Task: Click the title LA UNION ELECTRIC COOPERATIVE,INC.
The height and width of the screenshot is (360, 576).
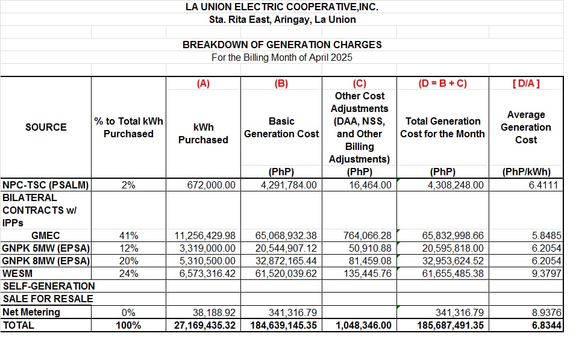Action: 282,7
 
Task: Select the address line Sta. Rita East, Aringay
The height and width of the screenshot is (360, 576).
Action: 282,20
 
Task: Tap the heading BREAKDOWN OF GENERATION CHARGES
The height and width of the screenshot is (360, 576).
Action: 282,45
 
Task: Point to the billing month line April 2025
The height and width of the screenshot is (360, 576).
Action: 282,58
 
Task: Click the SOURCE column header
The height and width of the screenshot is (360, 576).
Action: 46,127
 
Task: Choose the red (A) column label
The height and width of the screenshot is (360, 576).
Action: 203,84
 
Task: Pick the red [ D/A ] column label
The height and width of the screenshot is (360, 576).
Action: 525,84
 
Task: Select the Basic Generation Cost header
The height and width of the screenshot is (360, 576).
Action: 281,128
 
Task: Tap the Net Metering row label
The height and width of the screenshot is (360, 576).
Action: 31,312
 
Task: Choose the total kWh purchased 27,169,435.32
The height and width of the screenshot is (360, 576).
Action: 202,325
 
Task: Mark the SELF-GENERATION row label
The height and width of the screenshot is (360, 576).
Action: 49,287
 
